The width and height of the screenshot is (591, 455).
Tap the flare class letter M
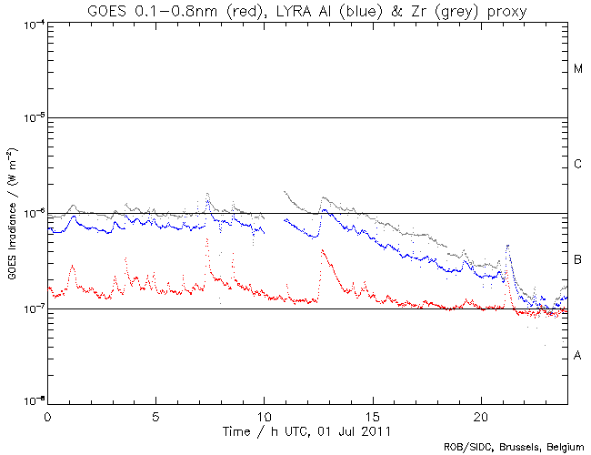click(x=577, y=69)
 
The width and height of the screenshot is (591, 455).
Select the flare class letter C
click(x=577, y=165)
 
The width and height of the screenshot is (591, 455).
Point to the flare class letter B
click(x=577, y=261)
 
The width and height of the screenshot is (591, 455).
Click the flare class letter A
click(x=577, y=355)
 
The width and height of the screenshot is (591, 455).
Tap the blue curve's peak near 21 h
click(x=506, y=246)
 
